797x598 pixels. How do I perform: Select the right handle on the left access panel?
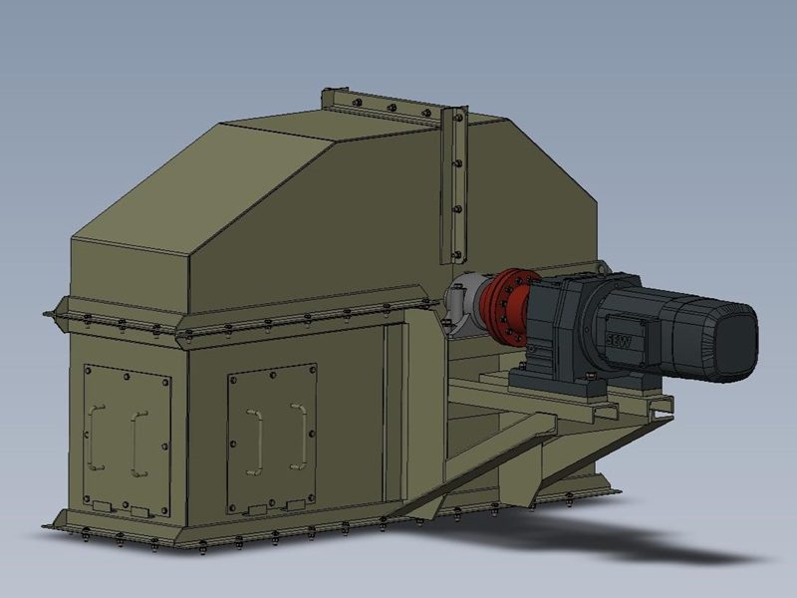click(138, 439)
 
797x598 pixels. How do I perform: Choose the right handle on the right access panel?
click(298, 434)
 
